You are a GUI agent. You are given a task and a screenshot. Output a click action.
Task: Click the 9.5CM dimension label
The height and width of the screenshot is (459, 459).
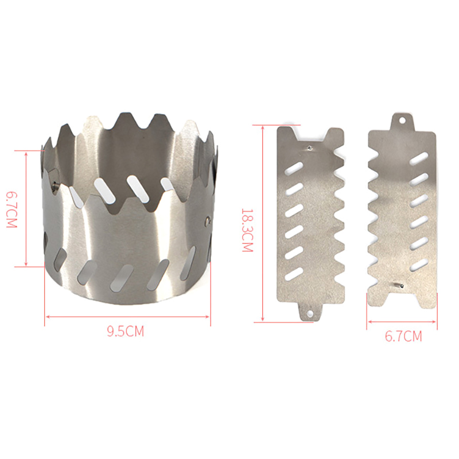125,332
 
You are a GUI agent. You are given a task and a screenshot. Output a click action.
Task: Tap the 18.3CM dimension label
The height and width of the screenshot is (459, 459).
247,230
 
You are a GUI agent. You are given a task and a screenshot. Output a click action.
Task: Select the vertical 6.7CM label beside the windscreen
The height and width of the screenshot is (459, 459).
12,209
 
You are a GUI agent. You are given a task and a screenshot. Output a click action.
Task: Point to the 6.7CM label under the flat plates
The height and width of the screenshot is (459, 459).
403,336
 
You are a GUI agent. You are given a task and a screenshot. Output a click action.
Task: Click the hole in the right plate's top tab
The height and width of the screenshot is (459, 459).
403,120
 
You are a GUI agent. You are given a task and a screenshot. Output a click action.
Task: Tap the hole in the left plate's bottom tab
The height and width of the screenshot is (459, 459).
310,314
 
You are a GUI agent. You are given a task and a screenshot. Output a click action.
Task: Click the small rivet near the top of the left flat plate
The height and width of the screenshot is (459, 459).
310,148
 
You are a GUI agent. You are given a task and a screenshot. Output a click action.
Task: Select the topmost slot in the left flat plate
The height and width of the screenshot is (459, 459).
293,168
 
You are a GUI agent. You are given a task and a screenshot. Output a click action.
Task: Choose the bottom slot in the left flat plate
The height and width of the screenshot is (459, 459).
294,274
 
